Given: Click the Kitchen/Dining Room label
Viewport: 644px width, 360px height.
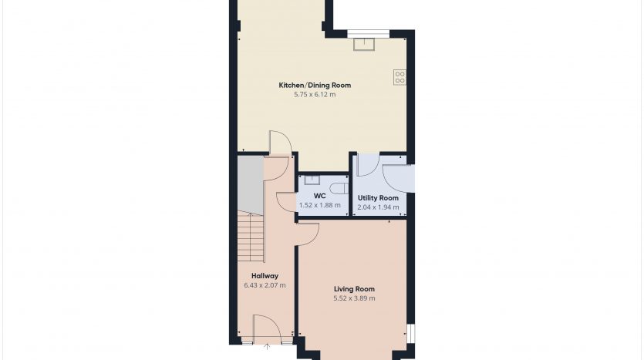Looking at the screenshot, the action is click(x=315, y=86).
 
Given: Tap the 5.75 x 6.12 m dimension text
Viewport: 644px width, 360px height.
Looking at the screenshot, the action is click(x=315, y=94).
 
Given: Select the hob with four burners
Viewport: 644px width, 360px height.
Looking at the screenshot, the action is click(x=400, y=77).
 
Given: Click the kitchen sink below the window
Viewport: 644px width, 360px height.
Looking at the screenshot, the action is click(x=364, y=45).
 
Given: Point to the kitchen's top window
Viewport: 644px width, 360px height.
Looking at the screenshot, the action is click(x=369, y=34).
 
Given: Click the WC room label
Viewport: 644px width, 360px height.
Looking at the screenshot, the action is click(x=319, y=197).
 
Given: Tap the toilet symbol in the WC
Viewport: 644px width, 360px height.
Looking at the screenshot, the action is click(x=339, y=188).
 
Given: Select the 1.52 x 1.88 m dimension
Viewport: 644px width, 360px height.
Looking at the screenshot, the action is click(x=319, y=205).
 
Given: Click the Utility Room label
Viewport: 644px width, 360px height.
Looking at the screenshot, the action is click(x=378, y=198).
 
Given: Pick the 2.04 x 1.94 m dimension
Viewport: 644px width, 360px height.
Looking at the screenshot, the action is click(x=378, y=207).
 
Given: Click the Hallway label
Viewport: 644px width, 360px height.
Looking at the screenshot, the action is click(x=265, y=276).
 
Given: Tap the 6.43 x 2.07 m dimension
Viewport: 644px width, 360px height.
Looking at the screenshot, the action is click(x=265, y=285).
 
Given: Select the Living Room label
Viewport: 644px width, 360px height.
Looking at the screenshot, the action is click(x=354, y=289).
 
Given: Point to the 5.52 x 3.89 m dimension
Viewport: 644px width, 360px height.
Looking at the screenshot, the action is click(x=354, y=298).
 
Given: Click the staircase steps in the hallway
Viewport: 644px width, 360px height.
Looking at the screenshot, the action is click(x=251, y=237).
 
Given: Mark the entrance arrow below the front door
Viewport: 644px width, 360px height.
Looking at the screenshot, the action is click(x=267, y=347).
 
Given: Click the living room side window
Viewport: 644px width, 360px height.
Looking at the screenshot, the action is click(x=411, y=333).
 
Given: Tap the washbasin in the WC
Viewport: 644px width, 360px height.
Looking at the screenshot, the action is click(x=312, y=180).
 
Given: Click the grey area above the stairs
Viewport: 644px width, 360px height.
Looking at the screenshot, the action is click(x=251, y=184).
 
